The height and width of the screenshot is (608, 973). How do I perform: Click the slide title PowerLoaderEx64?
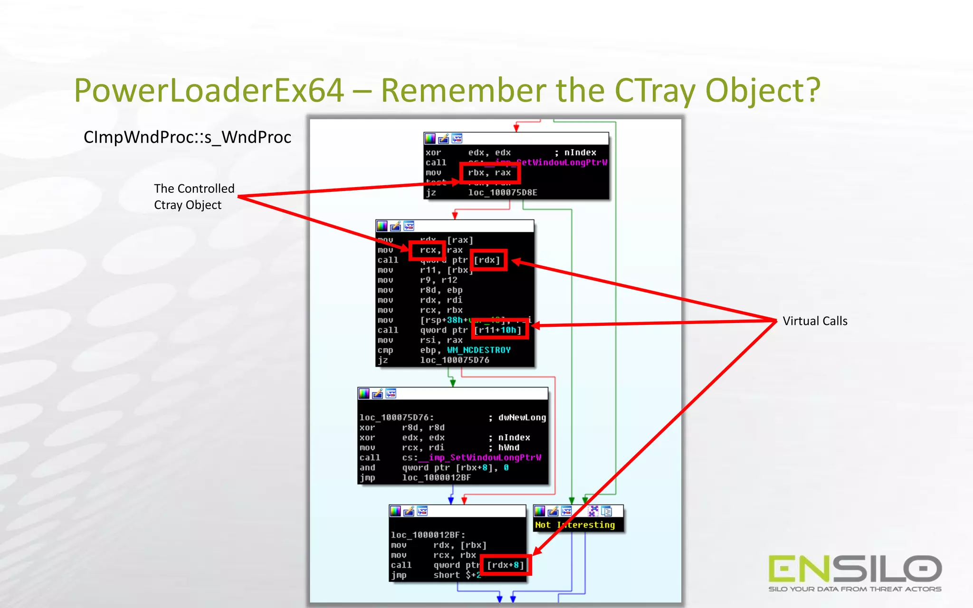209,90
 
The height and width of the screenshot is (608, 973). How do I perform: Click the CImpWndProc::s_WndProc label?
187,137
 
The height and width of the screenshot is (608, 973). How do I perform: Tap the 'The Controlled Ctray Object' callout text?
194,197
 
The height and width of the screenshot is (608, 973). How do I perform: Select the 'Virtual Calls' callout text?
815,321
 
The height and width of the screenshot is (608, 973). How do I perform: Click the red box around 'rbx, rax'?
490,173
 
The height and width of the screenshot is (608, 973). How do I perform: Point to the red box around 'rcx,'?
427,250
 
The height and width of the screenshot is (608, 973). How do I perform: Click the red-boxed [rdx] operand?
488,260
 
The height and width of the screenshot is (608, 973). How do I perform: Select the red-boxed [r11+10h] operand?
500,330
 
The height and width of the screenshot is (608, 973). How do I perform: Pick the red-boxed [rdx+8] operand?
506,565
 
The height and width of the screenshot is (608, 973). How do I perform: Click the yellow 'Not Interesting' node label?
575,525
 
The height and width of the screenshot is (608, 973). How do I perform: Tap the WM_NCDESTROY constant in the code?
479,350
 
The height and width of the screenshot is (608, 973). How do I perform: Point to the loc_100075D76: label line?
397,418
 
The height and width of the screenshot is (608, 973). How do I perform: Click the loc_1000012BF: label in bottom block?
428,535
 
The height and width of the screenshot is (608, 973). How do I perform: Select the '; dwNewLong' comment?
517,418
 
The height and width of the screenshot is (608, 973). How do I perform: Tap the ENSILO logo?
855,569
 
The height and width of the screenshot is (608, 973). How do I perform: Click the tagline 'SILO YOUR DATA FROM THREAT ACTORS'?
855,589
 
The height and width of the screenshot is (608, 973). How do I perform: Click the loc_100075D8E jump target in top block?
503,192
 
